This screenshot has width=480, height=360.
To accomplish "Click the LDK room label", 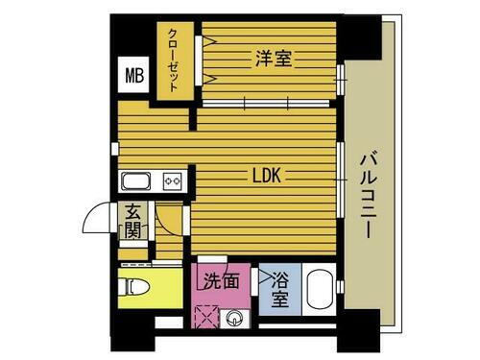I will pos(266,176).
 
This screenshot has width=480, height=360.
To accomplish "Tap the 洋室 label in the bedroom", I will pos(274,58).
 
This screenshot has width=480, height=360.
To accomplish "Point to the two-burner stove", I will pos(173,180).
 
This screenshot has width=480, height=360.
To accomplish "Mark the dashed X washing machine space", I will pos(205,319).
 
